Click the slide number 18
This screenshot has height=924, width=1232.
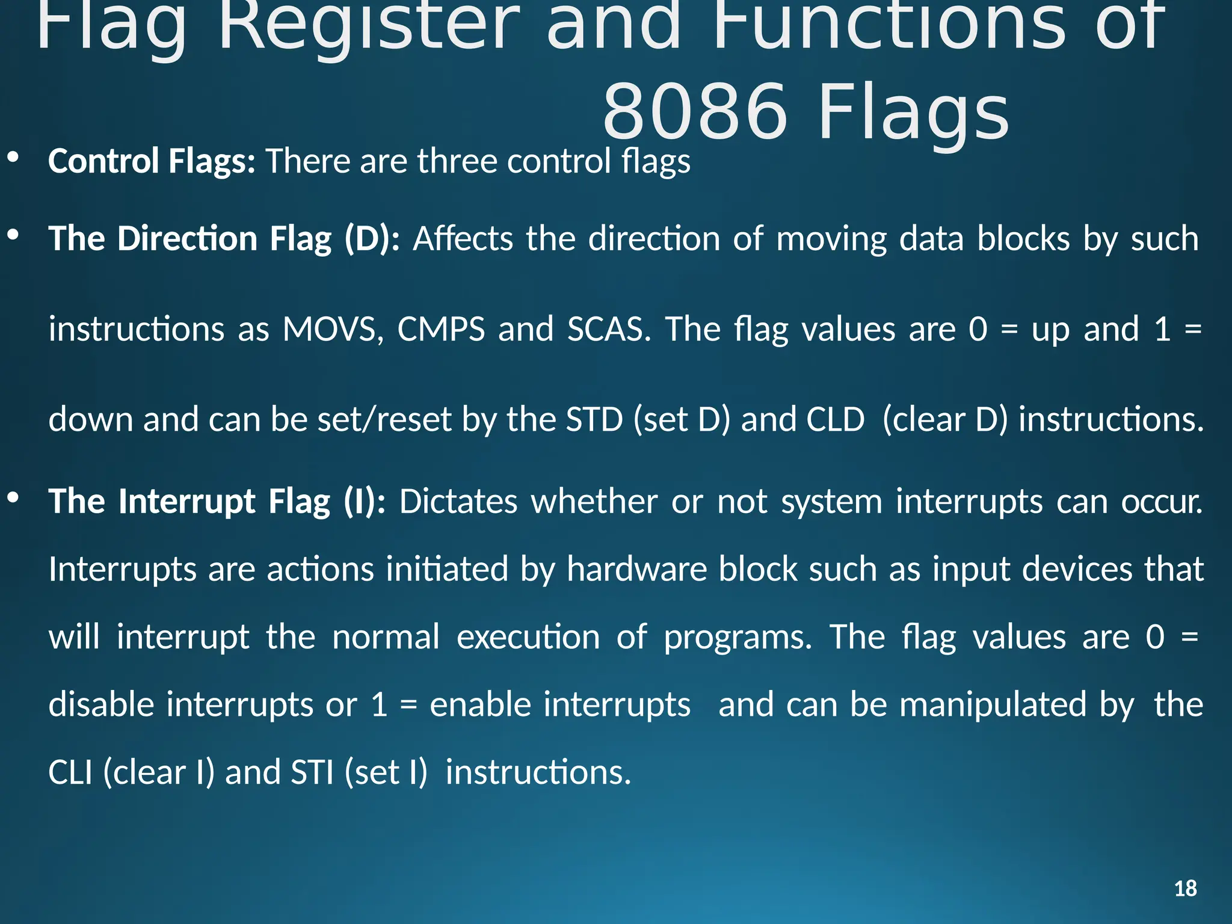(x=1185, y=889)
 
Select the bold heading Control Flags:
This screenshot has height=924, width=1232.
(x=152, y=161)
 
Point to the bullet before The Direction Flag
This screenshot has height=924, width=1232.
(x=13, y=236)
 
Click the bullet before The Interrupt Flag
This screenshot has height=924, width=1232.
(x=13, y=498)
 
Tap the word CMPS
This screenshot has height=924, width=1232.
(x=441, y=329)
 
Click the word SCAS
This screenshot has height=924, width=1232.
(x=609, y=329)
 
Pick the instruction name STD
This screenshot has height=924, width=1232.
(x=594, y=419)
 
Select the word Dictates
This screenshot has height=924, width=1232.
(x=458, y=502)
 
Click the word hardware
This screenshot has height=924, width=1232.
(x=636, y=569)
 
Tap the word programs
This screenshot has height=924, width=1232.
(x=738, y=638)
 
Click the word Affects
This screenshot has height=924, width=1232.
(x=463, y=239)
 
